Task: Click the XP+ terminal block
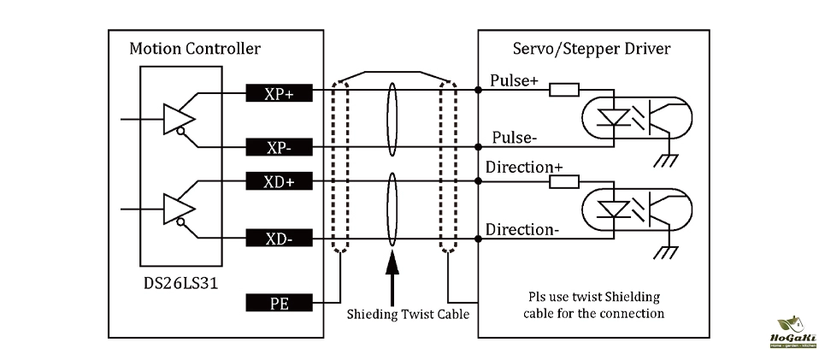coord(279,93)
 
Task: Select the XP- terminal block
coord(279,146)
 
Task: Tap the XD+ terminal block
coord(279,182)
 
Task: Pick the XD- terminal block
coord(279,239)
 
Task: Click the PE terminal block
coord(279,303)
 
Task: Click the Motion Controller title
coord(194,48)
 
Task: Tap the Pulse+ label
coord(514,80)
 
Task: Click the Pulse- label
coord(513,137)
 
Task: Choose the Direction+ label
coord(524,168)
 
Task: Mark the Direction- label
coord(522,229)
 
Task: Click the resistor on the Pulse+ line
coord(564,90)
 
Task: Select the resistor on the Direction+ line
coord(564,181)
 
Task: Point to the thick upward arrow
coord(392,273)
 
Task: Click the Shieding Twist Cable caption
coord(408,314)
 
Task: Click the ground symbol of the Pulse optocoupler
coord(662,162)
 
